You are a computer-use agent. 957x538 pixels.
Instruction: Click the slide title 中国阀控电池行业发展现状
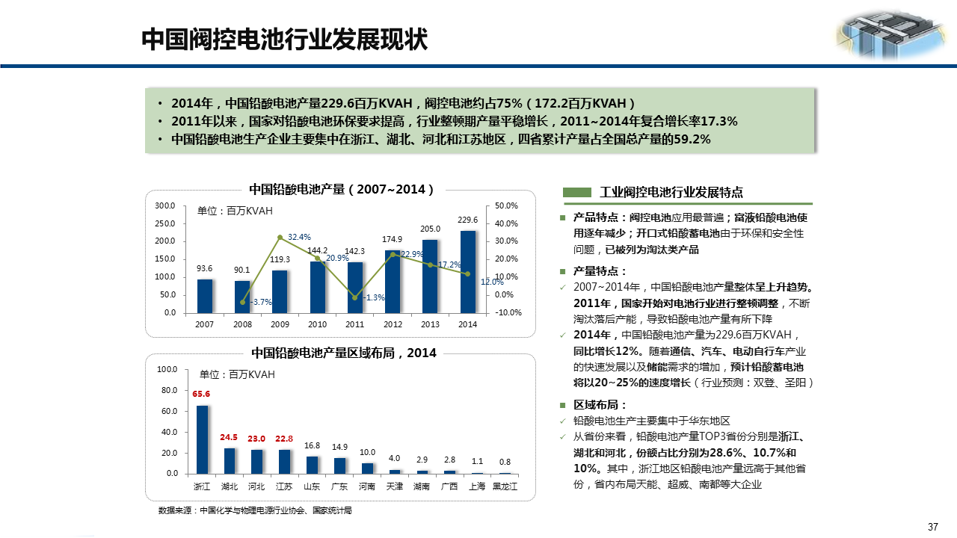[285, 40]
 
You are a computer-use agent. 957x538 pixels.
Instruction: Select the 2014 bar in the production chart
[468, 272]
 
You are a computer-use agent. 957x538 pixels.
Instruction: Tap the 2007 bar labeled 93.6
[205, 296]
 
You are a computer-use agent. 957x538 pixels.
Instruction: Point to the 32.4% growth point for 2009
[280, 238]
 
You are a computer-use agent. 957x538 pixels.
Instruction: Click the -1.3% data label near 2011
[374, 297]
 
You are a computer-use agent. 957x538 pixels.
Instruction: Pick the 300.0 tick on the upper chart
[165, 205]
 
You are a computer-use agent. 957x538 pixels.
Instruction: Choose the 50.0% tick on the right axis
[506, 205]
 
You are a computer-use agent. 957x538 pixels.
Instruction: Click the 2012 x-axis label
[393, 324]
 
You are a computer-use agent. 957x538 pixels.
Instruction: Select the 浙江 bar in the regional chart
[202, 439]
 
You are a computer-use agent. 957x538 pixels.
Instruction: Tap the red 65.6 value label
[201, 394]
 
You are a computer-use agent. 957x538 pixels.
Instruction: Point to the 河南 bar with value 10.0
[367, 469]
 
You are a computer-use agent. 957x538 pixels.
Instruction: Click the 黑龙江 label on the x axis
[505, 486]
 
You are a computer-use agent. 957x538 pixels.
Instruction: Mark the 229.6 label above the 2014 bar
[467, 220]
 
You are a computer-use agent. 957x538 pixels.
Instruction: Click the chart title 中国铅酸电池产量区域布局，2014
[344, 353]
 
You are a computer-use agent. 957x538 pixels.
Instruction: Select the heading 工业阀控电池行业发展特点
[671, 192]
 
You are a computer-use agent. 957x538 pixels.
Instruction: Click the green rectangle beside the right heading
[576, 192]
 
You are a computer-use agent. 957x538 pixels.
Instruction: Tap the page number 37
[932, 527]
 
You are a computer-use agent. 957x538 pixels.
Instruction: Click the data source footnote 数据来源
[254, 510]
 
